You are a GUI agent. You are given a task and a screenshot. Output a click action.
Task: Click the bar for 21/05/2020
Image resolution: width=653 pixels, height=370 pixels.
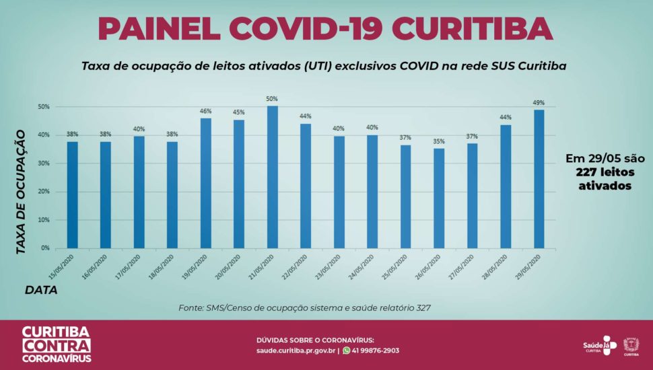click(272, 177)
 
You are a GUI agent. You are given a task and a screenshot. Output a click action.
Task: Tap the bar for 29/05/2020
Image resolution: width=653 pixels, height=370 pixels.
click(539, 178)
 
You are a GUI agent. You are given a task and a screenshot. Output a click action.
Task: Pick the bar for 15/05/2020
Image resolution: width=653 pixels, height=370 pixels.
click(72, 194)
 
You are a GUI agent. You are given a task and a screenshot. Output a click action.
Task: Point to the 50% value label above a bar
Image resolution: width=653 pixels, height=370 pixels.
click(272, 99)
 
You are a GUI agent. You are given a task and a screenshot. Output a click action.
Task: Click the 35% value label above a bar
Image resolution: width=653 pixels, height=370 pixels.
click(439, 141)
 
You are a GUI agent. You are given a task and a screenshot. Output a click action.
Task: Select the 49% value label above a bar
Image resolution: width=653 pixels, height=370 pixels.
click(539, 103)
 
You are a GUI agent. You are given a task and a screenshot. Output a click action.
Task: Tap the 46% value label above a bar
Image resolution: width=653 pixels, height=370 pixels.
click(205, 111)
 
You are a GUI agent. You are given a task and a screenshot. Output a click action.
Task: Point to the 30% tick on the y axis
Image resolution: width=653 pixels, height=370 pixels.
click(44, 163)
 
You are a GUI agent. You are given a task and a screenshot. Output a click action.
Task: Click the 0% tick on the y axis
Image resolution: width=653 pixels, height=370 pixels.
click(45, 248)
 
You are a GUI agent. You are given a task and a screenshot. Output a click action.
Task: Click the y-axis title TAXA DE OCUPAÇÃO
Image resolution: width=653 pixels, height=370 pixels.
click(21, 192)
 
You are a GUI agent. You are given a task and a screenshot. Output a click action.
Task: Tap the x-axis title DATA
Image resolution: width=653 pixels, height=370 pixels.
click(41, 290)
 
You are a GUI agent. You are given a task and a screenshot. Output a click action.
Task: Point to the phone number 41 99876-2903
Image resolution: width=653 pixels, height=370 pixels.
click(376, 350)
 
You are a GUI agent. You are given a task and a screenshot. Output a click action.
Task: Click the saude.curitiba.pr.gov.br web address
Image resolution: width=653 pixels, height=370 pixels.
click(296, 350)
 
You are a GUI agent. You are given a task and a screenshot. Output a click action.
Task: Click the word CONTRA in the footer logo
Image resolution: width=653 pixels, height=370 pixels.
click(57, 346)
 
